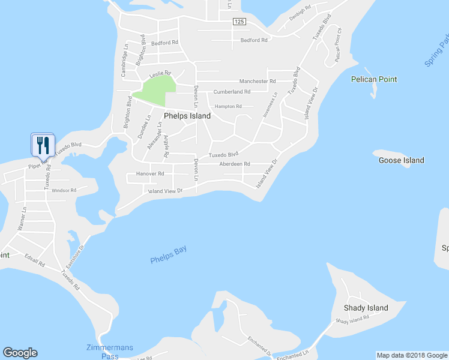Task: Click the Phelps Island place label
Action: tap(187, 116)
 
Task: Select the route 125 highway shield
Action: tap(240, 22)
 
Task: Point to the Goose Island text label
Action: tap(401, 160)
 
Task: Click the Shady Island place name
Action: tap(366, 308)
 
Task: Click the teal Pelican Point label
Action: tap(374, 79)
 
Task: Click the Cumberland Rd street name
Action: tap(232, 92)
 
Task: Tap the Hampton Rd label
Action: tap(228, 106)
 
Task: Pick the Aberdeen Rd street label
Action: tap(234, 164)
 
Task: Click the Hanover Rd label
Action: tap(149, 173)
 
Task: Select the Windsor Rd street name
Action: tap(64, 190)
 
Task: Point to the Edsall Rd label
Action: tap(35, 262)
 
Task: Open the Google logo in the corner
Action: tap(20, 353)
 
